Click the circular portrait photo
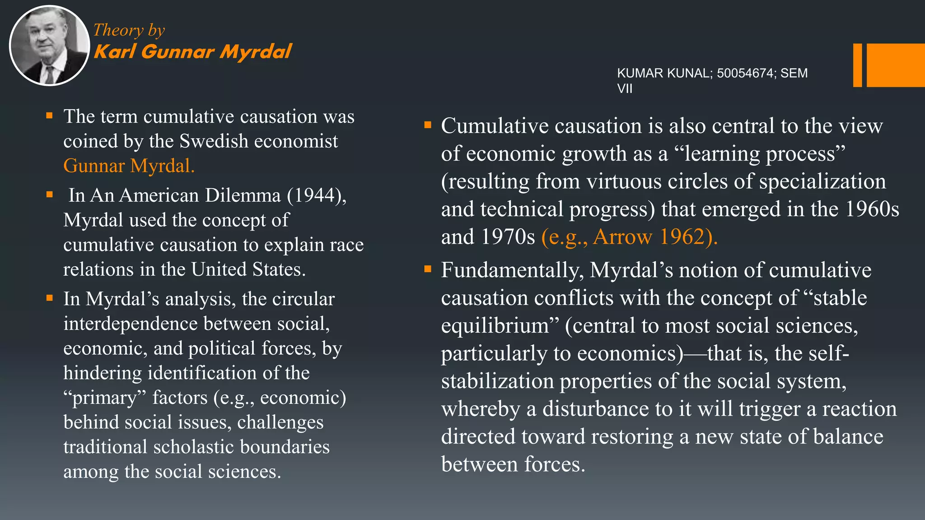pos(49,46)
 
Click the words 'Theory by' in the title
pos(129,30)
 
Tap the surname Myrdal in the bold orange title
pos(256,51)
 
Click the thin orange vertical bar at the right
pos(857,65)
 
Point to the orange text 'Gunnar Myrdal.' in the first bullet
pos(129,166)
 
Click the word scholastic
pos(194,447)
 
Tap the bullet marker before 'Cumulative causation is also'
pos(428,125)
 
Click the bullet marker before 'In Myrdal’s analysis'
pos(50,298)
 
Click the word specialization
pos(822,181)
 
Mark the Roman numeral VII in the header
pos(625,88)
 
